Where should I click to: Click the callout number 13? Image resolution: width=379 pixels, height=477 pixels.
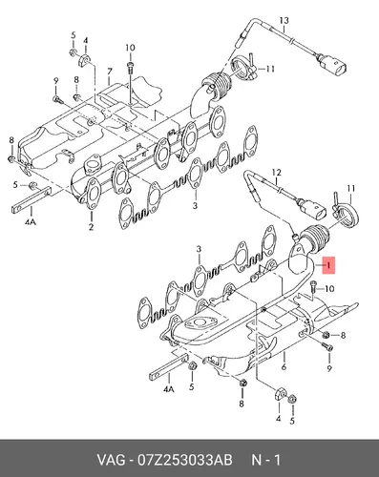click(x=284, y=21)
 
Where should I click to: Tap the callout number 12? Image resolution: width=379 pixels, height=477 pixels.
click(x=276, y=173)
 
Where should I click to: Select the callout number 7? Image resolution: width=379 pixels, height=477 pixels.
click(x=110, y=72)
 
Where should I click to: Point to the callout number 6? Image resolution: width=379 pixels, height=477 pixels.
click(x=284, y=366)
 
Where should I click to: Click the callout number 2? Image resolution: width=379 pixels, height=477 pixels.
click(x=91, y=227)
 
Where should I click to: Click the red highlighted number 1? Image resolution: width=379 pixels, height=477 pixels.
click(x=328, y=264)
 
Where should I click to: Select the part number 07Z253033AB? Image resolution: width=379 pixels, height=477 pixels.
click(x=184, y=460)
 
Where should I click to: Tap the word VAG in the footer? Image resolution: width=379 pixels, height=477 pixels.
click(x=111, y=460)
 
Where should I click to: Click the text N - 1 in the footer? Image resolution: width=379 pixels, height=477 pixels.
click(x=266, y=460)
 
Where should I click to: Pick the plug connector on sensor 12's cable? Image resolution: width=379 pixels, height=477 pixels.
click(x=312, y=209)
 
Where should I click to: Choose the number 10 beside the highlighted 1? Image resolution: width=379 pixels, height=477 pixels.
click(x=329, y=289)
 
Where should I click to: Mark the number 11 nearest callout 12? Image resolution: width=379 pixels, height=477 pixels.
click(x=350, y=189)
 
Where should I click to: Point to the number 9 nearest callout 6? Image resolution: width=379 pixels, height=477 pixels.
click(x=329, y=368)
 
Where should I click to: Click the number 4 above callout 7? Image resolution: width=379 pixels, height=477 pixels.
click(x=85, y=41)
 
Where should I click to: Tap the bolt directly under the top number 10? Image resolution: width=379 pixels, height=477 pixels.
click(x=131, y=67)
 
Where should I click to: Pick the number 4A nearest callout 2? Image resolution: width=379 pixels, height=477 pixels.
click(x=31, y=222)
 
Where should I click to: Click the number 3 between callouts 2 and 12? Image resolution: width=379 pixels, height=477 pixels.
click(x=195, y=205)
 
